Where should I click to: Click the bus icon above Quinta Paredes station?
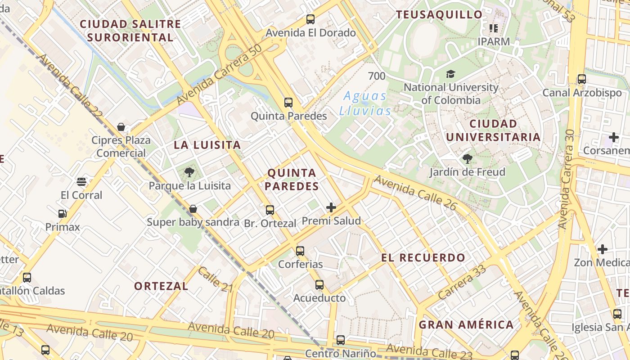pos(288,103)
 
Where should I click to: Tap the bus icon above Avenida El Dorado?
pos(310,19)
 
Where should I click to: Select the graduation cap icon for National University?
pos(450,74)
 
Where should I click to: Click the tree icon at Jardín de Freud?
pos(467,158)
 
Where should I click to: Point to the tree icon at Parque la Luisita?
pos(189,172)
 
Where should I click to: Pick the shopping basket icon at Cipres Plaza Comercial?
pos(121,127)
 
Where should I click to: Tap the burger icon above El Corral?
pos(81,182)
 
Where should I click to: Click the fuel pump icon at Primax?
pos(62,214)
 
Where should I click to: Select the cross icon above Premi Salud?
pos(331,207)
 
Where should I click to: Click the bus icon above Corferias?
pos(300,251)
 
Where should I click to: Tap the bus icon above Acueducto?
pos(319,284)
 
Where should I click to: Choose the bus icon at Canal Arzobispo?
pos(582,79)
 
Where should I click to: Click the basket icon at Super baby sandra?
pos(193,209)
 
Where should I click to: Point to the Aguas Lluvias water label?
pos(365,103)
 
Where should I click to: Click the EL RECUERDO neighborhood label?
pos(423,258)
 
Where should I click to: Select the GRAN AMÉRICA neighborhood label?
pos(466,324)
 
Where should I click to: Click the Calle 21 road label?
pos(215,279)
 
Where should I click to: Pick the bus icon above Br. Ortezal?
pos(270,210)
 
